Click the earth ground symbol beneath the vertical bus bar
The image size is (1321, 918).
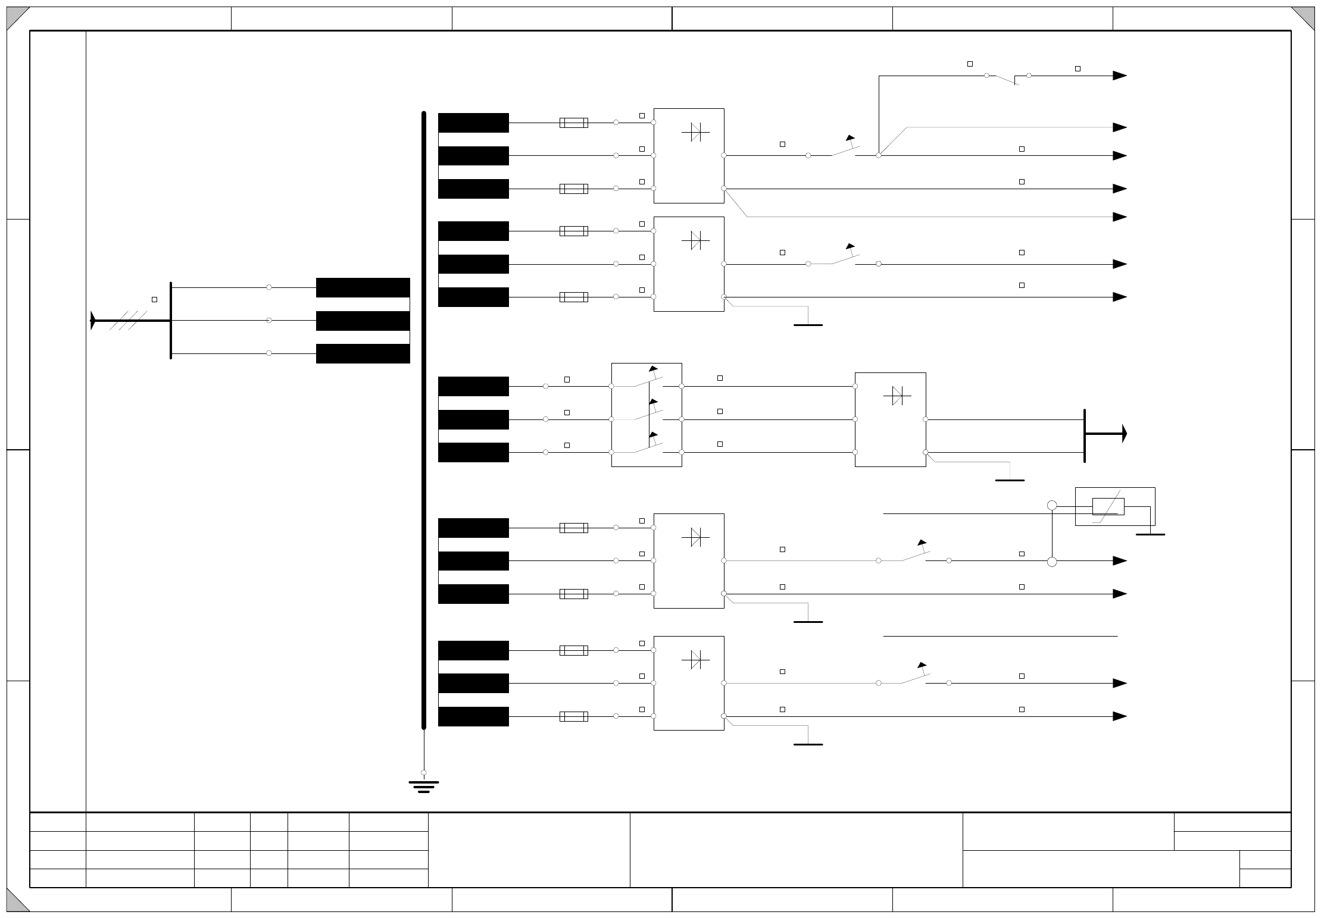[424, 787]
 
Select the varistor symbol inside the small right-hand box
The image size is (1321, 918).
[1108, 506]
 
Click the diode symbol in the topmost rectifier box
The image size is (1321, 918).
[695, 131]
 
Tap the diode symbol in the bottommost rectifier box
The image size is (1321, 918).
[695, 659]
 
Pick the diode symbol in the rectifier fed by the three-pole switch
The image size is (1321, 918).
[897, 396]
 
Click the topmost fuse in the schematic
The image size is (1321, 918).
[573, 123]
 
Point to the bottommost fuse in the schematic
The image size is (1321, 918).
[573, 716]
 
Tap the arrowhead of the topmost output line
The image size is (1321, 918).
[1119, 76]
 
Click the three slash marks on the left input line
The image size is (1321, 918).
[128, 320]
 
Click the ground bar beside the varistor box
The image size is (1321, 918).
[1150, 534]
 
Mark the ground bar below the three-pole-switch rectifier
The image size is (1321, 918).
[1010, 480]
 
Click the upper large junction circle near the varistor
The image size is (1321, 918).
[1052, 506]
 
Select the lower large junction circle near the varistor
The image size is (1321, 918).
[1052, 562]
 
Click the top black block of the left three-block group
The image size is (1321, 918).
[363, 287]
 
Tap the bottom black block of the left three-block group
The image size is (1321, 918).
[363, 353]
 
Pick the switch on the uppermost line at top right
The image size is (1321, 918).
[1007, 78]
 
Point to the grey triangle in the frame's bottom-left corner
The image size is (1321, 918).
[17, 901]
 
